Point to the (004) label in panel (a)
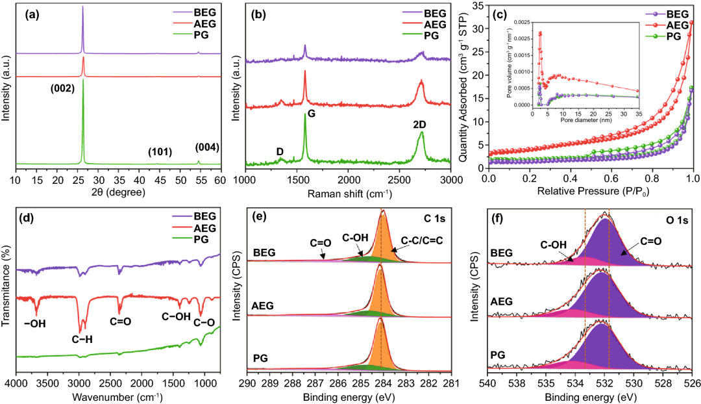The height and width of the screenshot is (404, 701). tap(207, 147)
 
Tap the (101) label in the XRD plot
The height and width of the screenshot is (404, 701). tap(159, 153)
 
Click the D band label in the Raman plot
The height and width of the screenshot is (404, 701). tap(280, 151)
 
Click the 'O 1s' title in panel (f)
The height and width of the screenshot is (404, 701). tap(674, 220)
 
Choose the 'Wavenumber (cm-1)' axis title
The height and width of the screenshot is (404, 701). tap(117, 396)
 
